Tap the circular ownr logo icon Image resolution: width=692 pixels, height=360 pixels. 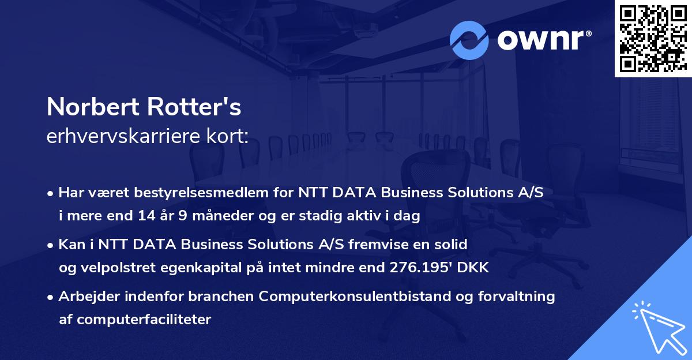pyautogui.click(x=469, y=40)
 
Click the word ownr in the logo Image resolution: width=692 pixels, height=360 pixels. pyautogui.click(x=543, y=40)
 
